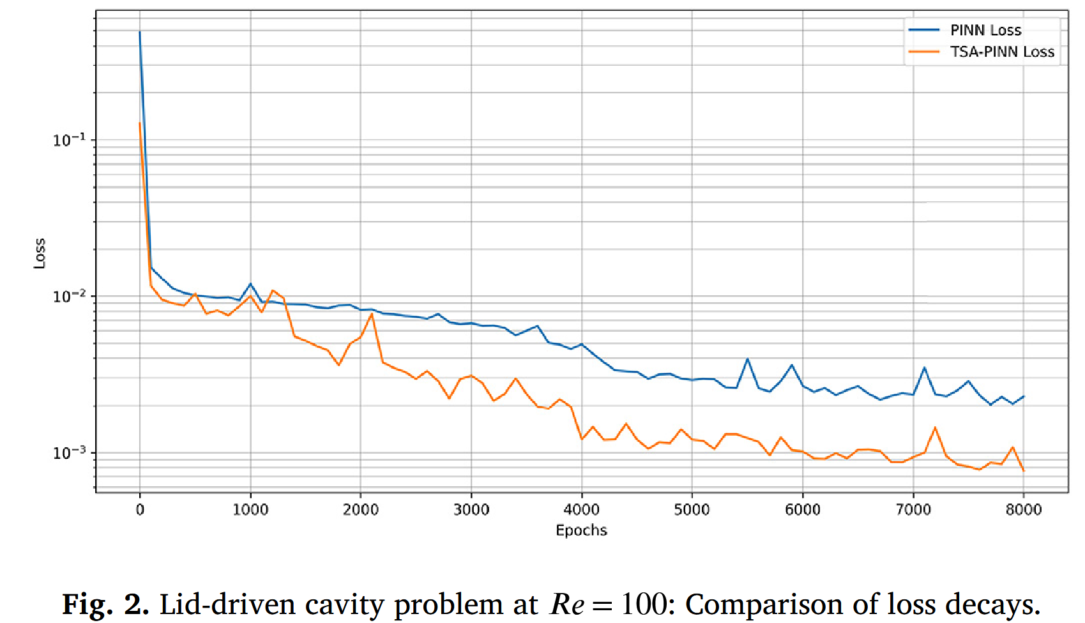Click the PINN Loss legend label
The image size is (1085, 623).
pos(985,30)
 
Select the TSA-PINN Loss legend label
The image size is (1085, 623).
pos(1002,52)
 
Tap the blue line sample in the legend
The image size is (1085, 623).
pos(924,30)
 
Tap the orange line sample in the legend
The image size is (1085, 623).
pos(924,52)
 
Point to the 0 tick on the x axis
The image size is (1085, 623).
pos(140,509)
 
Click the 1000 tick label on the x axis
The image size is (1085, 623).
pos(250,509)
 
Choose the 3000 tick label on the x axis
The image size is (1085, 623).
pos(471,509)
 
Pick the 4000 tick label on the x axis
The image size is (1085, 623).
pos(582,509)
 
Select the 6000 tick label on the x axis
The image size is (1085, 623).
pos(803,509)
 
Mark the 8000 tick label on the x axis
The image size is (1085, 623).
pos(1024,509)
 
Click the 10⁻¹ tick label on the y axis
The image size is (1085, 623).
pos(69,140)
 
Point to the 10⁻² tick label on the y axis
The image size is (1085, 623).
pos(69,296)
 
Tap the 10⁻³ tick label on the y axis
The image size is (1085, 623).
pos(69,453)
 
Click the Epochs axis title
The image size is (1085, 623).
pos(581,530)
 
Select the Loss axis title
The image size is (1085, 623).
pos(40,253)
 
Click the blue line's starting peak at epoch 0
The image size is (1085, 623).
pos(140,32)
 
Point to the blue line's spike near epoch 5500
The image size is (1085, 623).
pos(747,359)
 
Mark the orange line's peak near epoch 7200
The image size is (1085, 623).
pos(935,427)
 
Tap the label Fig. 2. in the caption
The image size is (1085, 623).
pos(105,604)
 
